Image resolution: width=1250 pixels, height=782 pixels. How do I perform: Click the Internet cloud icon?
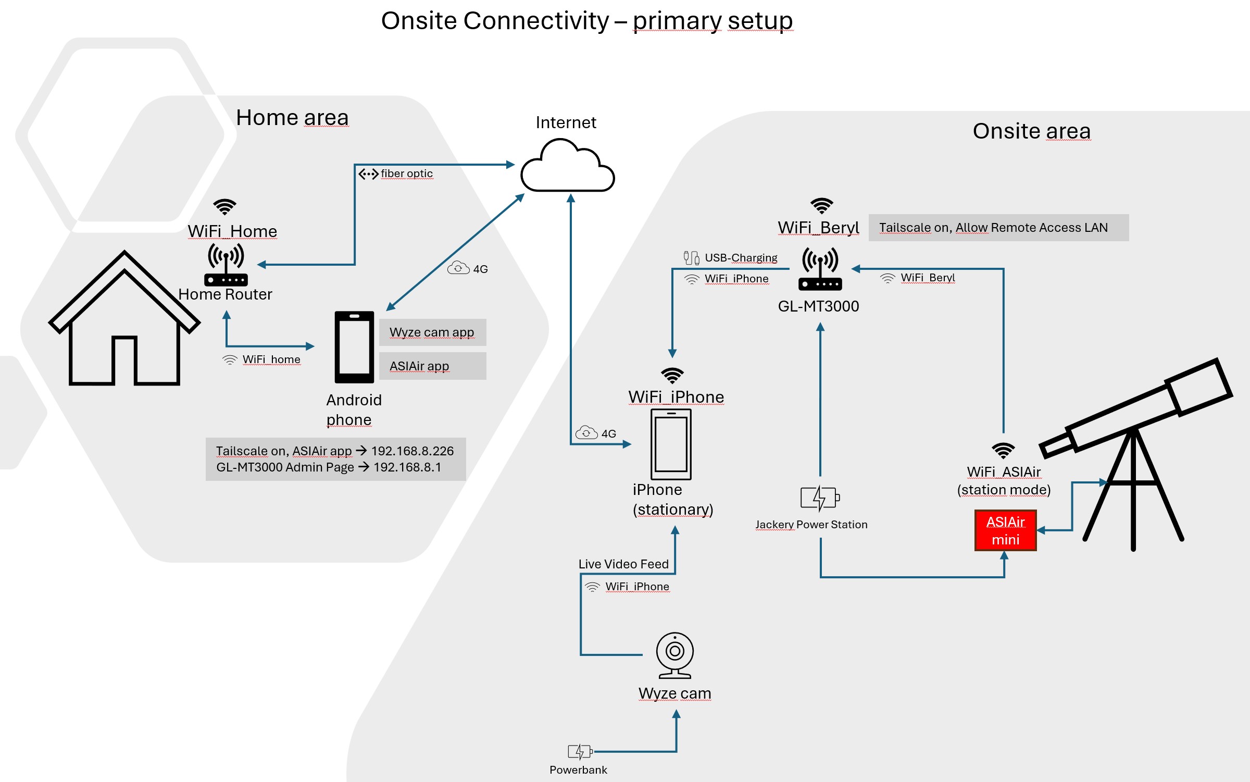click(568, 166)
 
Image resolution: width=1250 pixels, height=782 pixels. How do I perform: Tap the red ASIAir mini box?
click(1005, 530)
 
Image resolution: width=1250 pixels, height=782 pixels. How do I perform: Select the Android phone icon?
click(354, 347)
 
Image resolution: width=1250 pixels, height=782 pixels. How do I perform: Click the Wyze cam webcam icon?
click(675, 655)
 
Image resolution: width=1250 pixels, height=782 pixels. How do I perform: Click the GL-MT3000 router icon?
click(820, 269)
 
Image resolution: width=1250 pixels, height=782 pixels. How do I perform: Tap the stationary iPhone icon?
click(671, 444)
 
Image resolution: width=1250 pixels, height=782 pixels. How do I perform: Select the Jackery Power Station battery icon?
click(820, 498)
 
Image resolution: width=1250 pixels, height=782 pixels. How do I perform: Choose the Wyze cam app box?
click(432, 332)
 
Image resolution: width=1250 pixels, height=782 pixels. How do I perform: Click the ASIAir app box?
click(432, 366)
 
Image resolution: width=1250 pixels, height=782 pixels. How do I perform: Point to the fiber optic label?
click(407, 173)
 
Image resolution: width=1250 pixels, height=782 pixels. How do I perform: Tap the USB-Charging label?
click(741, 258)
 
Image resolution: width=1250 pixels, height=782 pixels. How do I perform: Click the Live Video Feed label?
click(623, 564)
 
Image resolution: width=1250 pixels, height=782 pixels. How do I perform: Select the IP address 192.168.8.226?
click(413, 451)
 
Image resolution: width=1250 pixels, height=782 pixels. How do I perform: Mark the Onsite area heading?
click(1032, 131)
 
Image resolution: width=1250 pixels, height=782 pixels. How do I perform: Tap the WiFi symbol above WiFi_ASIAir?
click(1003, 451)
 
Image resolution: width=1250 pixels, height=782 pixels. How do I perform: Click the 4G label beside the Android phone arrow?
click(480, 269)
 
